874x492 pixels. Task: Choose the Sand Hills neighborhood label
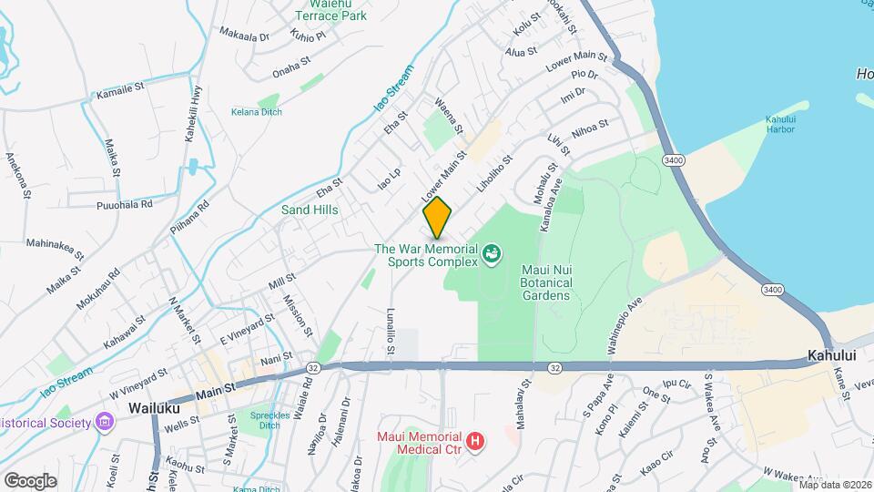310,210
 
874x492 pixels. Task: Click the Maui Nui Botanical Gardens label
546,282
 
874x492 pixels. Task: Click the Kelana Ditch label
256,112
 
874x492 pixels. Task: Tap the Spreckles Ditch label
269,421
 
